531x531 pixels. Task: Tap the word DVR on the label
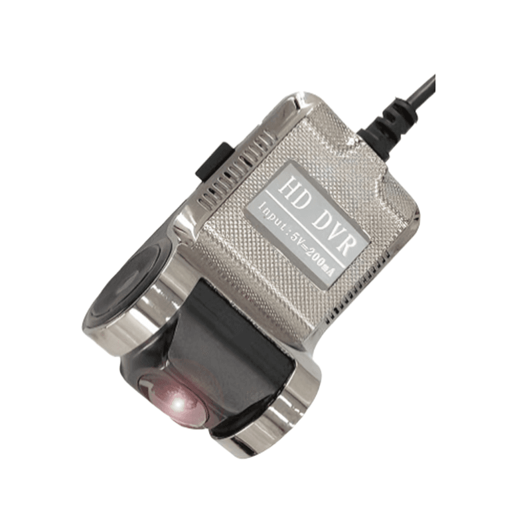tap(331, 230)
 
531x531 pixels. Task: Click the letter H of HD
tap(285, 185)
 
